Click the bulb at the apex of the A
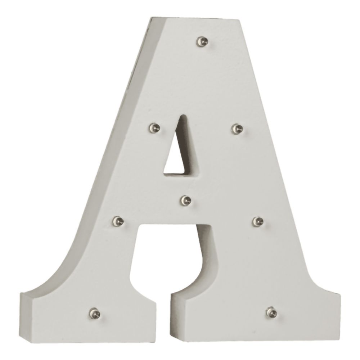[202, 41]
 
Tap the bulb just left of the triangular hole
[154, 128]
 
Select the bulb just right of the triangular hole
[237, 129]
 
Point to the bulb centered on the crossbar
[186, 200]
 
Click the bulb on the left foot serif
[95, 313]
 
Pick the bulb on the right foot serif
[272, 312]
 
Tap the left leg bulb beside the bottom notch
[118, 221]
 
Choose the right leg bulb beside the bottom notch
[258, 221]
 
